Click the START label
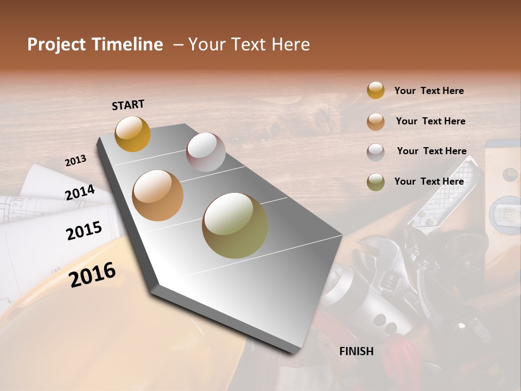click(x=128, y=105)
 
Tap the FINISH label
click(x=356, y=351)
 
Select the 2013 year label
click(x=76, y=161)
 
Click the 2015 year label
click(x=84, y=231)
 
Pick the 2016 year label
click(x=92, y=275)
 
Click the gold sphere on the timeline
click(x=132, y=134)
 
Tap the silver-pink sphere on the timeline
click(x=206, y=152)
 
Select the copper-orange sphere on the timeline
click(x=158, y=195)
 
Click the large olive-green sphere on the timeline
click(x=235, y=225)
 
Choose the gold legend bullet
click(x=376, y=91)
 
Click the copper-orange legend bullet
click(x=376, y=121)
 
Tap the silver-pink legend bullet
click(x=376, y=152)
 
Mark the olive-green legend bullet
click(x=376, y=182)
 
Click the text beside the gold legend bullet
click(x=429, y=91)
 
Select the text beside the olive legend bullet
click(x=429, y=181)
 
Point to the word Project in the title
click(x=56, y=45)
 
